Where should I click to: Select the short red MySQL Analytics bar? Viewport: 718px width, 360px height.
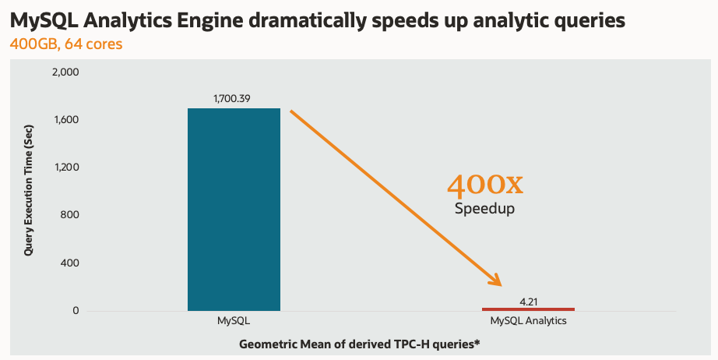tap(528, 309)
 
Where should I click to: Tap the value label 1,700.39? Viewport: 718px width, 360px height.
tap(234, 99)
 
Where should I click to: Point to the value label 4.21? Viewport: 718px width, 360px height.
tap(528, 299)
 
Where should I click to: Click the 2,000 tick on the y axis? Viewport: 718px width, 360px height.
tap(65, 72)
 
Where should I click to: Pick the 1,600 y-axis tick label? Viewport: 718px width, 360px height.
tap(65, 120)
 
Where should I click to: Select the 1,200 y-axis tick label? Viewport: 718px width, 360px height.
tap(65, 168)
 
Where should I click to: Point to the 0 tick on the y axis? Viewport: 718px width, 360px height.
tap(76, 311)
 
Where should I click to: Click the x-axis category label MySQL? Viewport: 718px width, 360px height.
tap(234, 321)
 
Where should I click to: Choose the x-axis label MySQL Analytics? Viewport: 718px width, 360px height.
tap(528, 321)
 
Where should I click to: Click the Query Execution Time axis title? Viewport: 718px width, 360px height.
tap(29, 191)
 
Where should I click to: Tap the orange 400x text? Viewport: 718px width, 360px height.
tap(484, 185)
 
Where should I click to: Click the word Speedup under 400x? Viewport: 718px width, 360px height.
tap(484, 209)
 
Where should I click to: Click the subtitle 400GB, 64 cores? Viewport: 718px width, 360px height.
tap(65, 44)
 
